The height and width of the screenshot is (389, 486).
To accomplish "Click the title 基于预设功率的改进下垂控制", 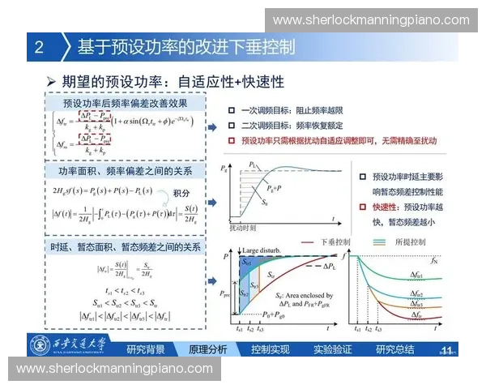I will click(186, 47).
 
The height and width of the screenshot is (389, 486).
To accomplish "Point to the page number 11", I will click(446, 349).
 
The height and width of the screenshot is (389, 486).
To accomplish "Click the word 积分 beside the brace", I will click(184, 192).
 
